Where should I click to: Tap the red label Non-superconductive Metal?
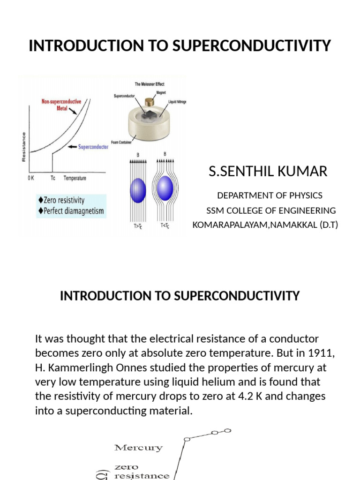point(61,104)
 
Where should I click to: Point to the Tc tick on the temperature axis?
point(52,179)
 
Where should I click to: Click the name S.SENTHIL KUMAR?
point(268,172)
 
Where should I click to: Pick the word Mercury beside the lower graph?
point(138,448)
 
